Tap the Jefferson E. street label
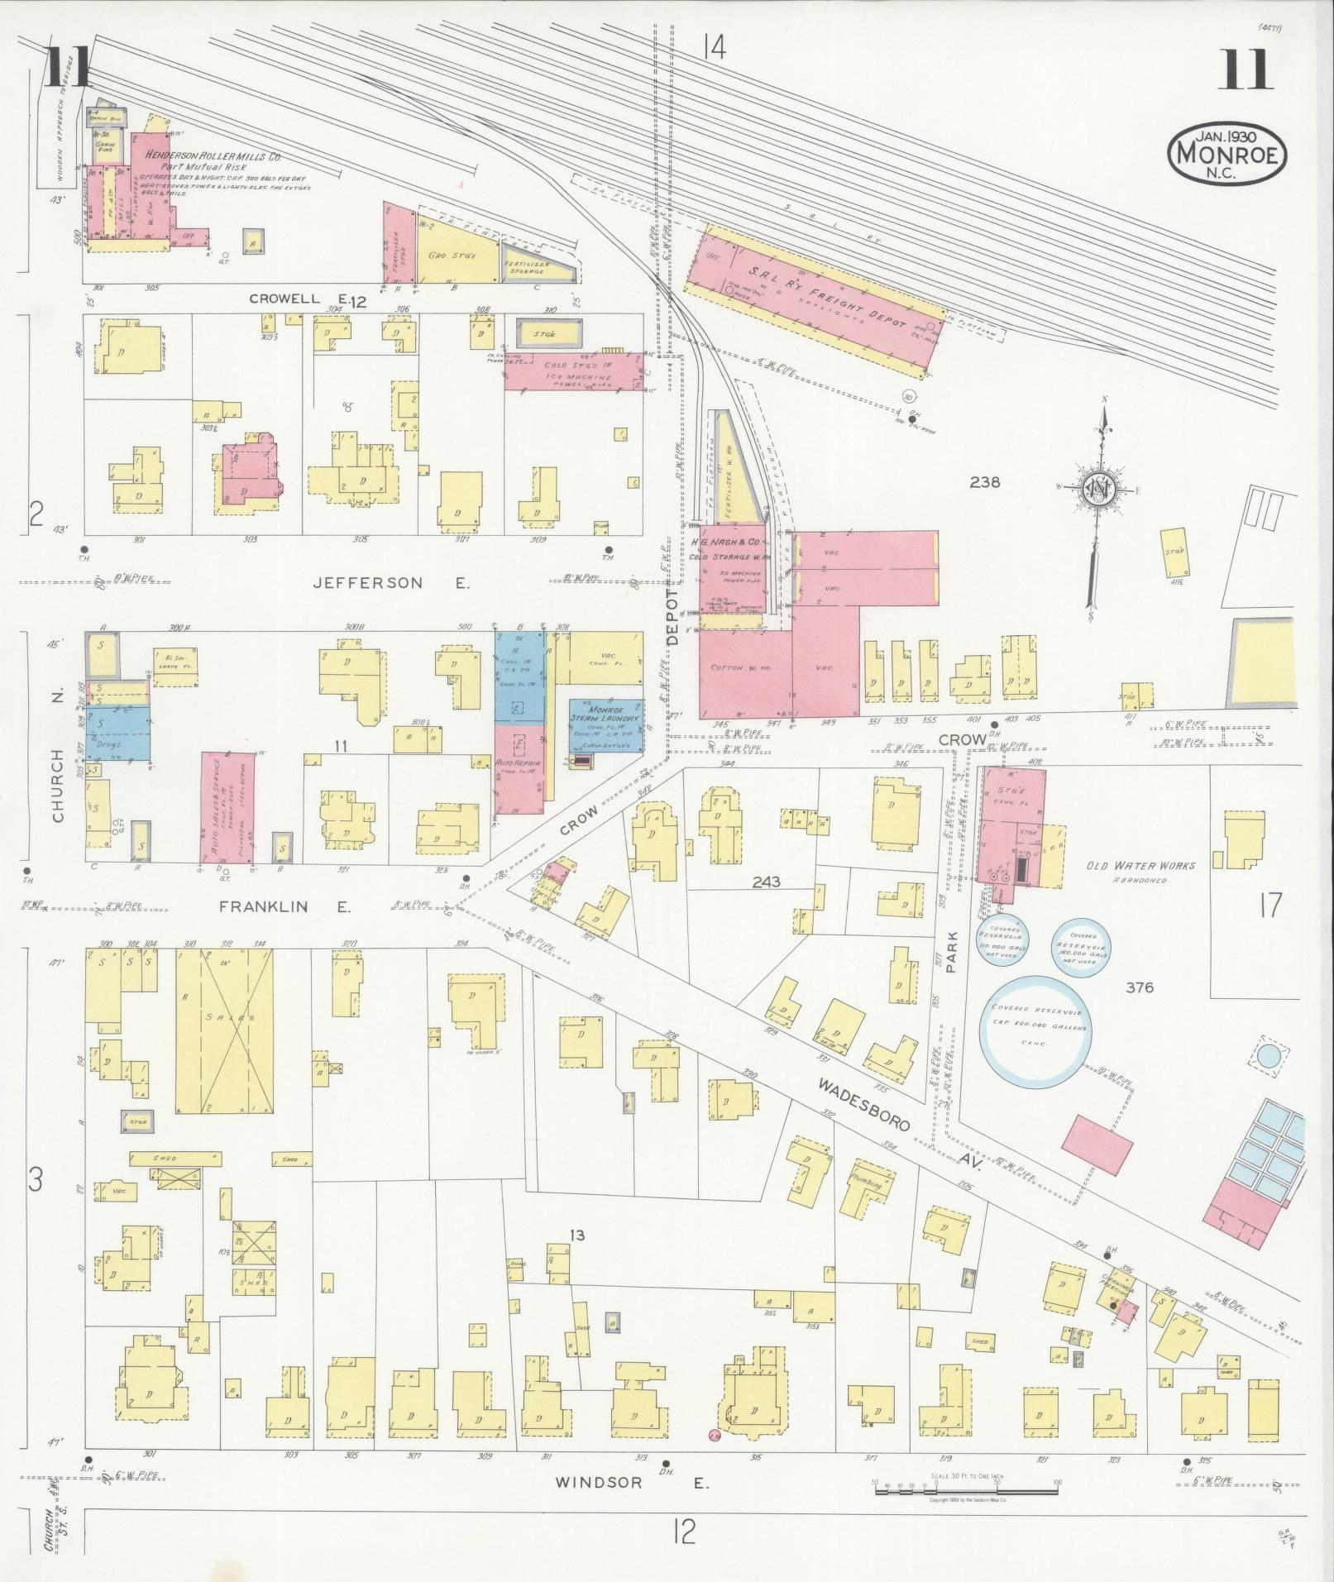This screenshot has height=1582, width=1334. click(x=390, y=584)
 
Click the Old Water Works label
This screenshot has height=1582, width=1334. click(x=1140, y=866)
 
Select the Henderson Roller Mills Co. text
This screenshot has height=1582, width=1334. click(x=212, y=155)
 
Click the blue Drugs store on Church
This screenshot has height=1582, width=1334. click(x=117, y=731)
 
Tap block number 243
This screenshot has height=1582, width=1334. click(x=765, y=883)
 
